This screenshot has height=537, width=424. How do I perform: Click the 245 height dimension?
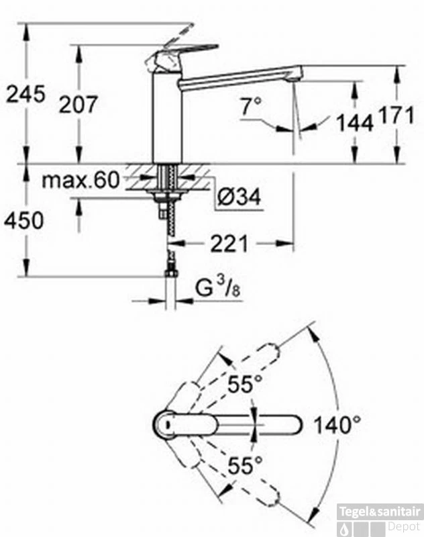click(26, 94)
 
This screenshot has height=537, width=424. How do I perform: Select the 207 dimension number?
click(78, 105)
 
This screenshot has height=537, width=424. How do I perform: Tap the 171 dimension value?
click(396, 115)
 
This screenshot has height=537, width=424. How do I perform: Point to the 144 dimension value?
click(355, 123)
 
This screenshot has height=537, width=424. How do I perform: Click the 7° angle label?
click(252, 106)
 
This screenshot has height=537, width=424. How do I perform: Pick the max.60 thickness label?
click(81, 180)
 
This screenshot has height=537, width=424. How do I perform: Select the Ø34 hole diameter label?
click(240, 197)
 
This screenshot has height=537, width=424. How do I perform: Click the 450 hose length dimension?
click(24, 220)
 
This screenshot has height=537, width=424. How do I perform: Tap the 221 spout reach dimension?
click(229, 244)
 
